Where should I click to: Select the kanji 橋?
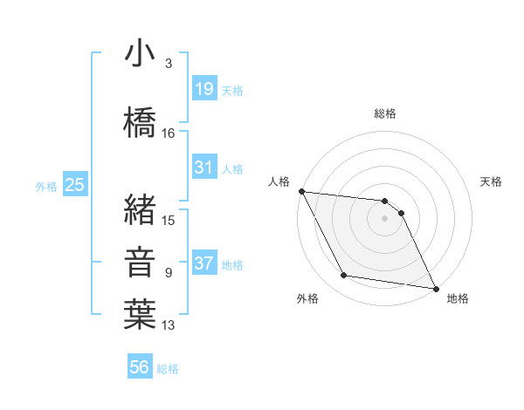click(140, 123)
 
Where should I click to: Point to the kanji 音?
click(140, 262)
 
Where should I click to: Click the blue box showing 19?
click(203, 88)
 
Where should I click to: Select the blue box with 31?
click(203, 167)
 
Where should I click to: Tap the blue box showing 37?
click(203, 263)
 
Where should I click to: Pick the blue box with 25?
click(74, 185)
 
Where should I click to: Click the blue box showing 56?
click(139, 367)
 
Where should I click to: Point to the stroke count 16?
click(169, 133)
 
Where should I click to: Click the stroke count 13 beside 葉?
click(169, 325)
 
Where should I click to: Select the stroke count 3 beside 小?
click(168, 64)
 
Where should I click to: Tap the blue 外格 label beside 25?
click(46, 186)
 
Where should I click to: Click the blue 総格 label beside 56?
click(168, 369)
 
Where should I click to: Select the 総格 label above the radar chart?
click(384, 114)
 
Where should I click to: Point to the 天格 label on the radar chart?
click(492, 181)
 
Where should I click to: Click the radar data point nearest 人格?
click(301, 191)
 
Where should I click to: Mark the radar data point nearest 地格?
click(435, 287)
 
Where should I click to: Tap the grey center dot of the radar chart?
click(384, 218)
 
